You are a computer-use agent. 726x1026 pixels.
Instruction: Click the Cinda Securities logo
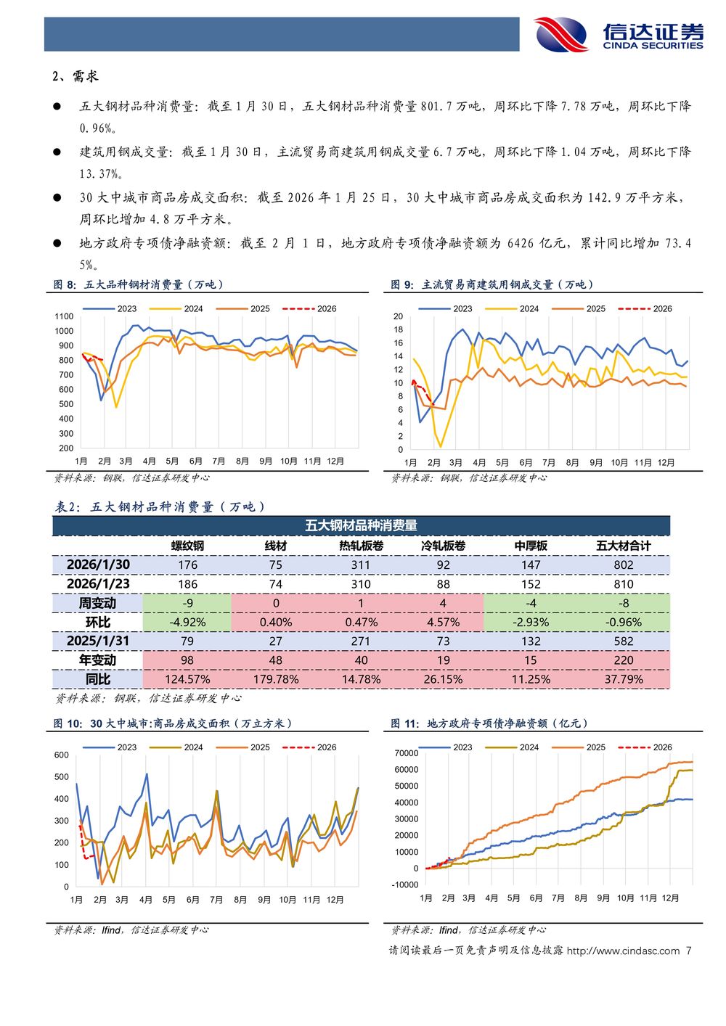pos(619,34)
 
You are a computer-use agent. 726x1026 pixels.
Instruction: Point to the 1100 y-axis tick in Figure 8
pos(64,316)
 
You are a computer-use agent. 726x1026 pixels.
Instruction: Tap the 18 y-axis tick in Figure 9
pos(399,329)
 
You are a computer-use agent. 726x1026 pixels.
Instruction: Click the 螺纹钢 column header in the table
pos(187,546)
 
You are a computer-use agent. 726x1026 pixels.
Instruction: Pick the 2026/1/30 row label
pos(98,565)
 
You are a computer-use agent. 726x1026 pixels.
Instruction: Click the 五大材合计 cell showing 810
pos(623,584)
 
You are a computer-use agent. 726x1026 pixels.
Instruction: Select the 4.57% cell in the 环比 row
pos(443,623)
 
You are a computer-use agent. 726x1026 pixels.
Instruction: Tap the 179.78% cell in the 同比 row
pos(276,679)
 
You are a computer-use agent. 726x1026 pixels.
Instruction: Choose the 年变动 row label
pos(98,660)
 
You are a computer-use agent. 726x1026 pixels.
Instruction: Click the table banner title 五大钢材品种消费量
pos(361,525)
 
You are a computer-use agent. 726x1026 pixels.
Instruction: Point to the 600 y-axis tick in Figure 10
pos(62,755)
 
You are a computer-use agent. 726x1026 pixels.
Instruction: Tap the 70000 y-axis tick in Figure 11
pos(407,753)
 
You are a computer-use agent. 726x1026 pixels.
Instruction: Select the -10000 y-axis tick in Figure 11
pos(406,885)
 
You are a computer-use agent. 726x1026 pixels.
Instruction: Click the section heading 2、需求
pos(75,76)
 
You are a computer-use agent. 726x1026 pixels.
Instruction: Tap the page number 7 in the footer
pos(688,951)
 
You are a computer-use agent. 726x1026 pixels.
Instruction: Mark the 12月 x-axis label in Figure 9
pos(666,462)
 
